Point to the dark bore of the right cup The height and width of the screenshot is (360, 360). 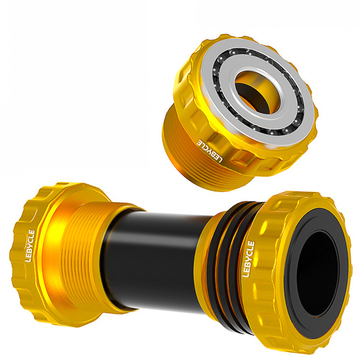point(316,273)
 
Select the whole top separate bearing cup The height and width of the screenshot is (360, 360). point(237,111)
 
